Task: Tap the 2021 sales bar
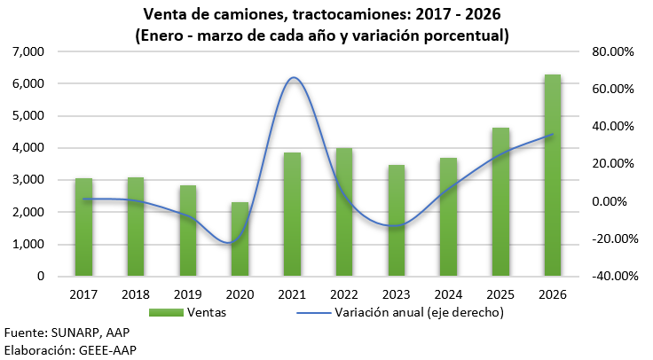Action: (x=292, y=215)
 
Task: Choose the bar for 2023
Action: (x=396, y=221)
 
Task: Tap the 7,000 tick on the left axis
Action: (x=29, y=51)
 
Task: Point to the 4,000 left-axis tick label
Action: (x=29, y=148)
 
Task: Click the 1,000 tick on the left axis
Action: (x=29, y=245)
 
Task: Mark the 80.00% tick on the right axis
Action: (x=612, y=51)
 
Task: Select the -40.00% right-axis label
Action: (x=610, y=276)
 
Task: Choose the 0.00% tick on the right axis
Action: (x=614, y=201)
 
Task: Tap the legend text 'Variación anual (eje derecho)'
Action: (x=420, y=312)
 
